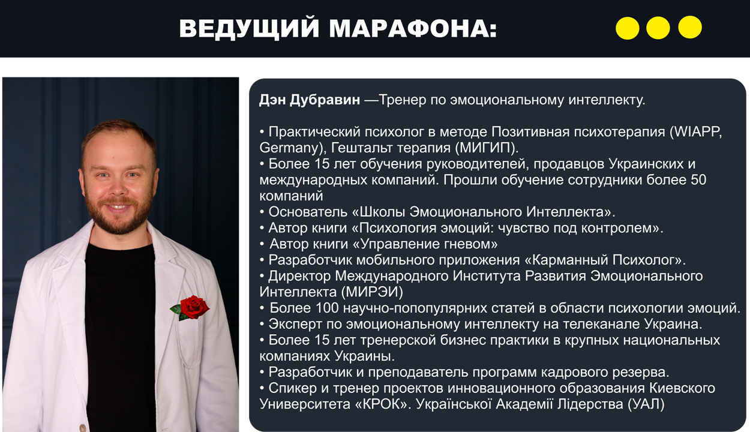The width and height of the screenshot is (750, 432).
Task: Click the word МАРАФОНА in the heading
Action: coord(413,28)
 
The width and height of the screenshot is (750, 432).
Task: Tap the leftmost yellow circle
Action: coord(627,28)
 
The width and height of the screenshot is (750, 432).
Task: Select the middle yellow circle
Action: coord(658,28)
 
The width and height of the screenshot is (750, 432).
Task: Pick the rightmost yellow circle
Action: coord(690,27)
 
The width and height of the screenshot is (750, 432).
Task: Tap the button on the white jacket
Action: coord(83,428)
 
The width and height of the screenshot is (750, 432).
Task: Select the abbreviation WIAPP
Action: coord(697,132)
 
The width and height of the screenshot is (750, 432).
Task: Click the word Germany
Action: coord(288,148)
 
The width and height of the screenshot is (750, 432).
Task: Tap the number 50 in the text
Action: coord(698,180)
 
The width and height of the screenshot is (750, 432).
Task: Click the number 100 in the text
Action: coord(327,308)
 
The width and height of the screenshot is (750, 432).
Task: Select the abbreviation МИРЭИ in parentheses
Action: coord(372,292)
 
